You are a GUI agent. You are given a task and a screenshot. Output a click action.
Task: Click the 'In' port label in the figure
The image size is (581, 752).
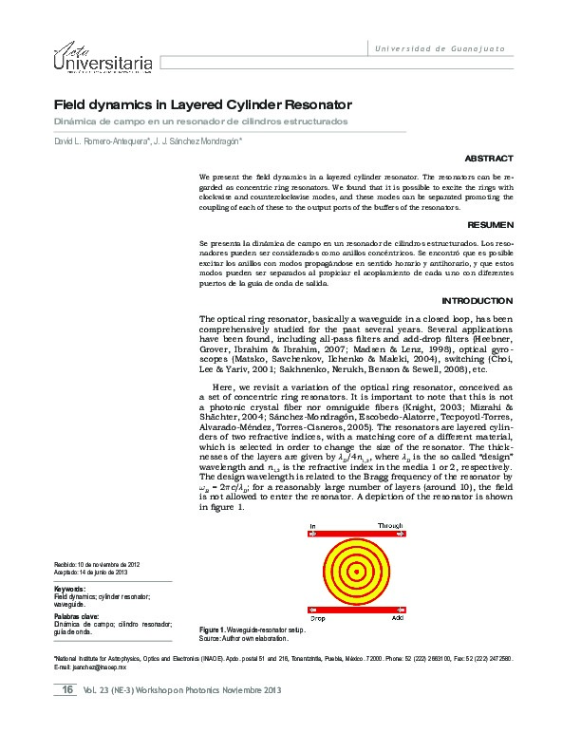point(314,525)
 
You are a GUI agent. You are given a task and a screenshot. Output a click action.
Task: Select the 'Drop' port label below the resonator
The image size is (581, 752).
point(319,617)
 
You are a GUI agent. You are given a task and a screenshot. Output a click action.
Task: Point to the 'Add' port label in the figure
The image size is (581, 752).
point(398,617)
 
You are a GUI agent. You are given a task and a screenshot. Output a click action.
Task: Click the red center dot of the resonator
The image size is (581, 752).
point(356,571)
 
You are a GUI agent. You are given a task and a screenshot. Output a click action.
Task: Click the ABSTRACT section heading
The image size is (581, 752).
point(491,159)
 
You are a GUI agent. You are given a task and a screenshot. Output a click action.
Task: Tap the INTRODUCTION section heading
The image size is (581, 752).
point(478,300)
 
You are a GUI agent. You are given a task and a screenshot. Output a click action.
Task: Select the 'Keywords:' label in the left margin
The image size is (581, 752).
point(71,590)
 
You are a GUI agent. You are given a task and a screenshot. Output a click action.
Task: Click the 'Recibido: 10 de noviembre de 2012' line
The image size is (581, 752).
point(100,566)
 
